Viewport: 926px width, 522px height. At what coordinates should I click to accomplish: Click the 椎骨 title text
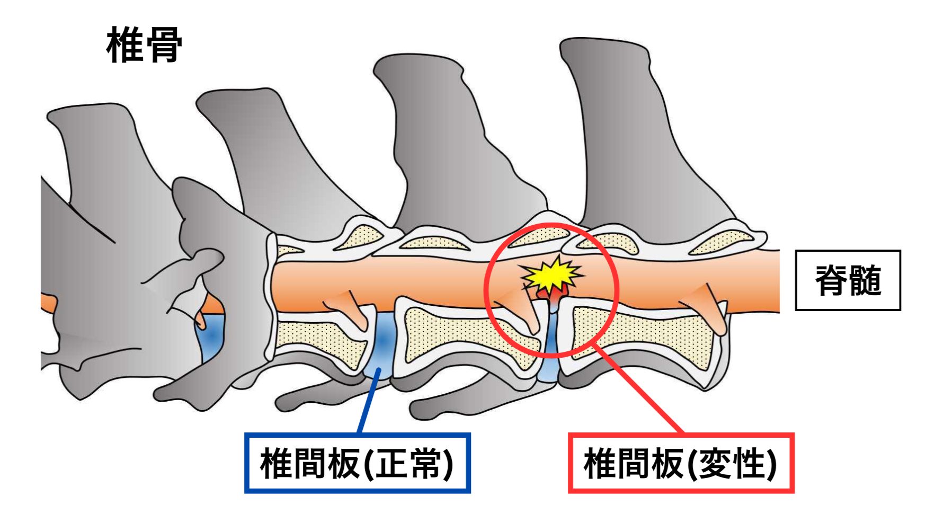[144, 46]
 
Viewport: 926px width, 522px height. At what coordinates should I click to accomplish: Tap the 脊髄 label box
[848, 280]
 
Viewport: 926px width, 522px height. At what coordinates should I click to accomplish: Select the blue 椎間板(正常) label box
[357, 463]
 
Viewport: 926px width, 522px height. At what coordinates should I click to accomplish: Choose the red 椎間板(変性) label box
[681, 463]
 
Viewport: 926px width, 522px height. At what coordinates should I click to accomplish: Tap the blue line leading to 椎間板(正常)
[368, 403]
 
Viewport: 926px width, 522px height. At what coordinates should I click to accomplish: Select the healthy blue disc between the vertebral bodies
[382, 344]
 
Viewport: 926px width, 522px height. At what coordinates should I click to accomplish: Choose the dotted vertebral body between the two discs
[466, 337]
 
